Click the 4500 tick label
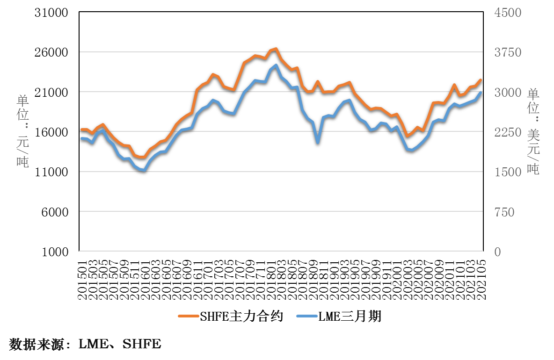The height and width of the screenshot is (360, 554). tap(508, 13)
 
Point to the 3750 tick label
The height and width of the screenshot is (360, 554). tap(508, 52)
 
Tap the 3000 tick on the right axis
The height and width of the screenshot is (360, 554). tap(508, 93)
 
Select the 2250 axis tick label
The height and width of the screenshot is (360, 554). tap(508, 132)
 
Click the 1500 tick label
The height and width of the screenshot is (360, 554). tap(508, 172)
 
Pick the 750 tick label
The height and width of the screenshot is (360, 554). tap(504, 212)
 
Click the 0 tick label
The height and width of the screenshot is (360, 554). tap(497, 252)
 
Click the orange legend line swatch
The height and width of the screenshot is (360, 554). tap(189, 316)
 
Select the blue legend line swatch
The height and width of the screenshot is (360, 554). tap(307, 316)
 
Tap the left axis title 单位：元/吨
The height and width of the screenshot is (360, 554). tap(23, 131)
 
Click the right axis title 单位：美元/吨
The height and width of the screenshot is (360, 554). tap(533, 131)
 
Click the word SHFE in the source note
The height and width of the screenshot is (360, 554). tap(142, 345)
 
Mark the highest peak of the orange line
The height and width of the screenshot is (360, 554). tap(276, 49)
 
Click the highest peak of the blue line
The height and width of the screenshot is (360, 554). tap(276, 65)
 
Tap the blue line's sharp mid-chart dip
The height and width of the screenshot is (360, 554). tap(318, 143)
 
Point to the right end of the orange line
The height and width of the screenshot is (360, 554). tap(481, 80)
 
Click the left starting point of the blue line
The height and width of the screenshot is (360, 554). tap(81, 138)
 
